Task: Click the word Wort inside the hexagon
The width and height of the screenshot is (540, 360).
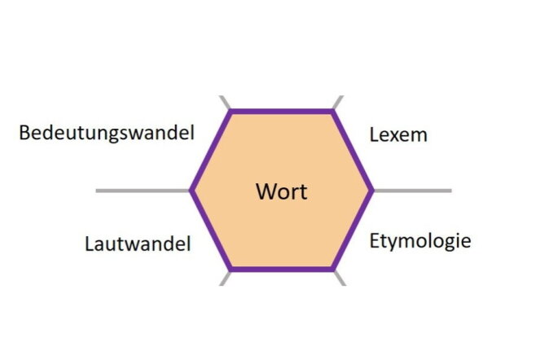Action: click(282, 191)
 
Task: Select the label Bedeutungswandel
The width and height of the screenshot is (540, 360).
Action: click(107, 133)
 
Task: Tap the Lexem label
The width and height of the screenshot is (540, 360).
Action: click(398, 134)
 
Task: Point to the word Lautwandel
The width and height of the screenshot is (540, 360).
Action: click(138, 244)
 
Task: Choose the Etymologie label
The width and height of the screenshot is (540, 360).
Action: click(420, 241)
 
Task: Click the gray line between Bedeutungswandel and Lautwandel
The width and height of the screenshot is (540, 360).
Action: click(143, 191)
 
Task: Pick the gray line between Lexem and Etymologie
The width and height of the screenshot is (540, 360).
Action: click(413, 191)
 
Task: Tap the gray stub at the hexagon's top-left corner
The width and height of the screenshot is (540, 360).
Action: click(226, 103)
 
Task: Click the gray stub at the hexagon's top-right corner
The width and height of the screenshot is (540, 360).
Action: click(338, 103)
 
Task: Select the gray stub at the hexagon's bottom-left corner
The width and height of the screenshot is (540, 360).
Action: click(226, 279)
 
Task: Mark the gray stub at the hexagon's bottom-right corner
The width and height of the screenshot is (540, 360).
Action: click(340, 279)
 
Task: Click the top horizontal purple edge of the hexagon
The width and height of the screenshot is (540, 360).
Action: click(282, 112)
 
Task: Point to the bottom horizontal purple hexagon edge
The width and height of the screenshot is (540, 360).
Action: click(282, 269)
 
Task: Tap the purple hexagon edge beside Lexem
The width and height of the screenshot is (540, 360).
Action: click(353, 151)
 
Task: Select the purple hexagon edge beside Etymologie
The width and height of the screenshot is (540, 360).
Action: click(353, 230)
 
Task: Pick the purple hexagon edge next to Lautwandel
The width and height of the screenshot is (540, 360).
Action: click(211, 230)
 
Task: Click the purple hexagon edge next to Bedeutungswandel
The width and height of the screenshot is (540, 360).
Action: click(211, 151)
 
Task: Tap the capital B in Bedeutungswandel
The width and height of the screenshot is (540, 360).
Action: click(24, 133)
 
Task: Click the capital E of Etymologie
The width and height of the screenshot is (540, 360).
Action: click(374, 240)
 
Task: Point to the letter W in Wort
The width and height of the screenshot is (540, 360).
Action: click(267, 191)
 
